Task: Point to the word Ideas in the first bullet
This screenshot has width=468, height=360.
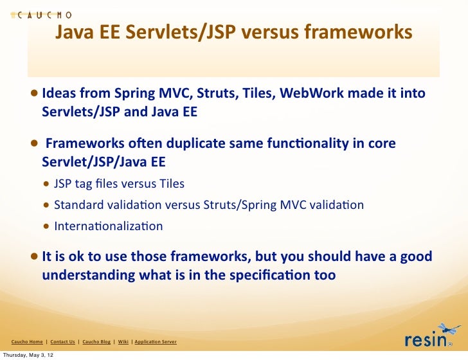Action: (59, 93)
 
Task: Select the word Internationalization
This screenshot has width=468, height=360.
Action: (109, 226)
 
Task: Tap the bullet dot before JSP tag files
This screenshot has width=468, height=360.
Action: (47, 184)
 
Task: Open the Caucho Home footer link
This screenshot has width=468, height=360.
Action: (27, 341)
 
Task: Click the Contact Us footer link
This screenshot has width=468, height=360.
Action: (62, 341)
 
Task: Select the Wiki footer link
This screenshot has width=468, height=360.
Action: (123, 341)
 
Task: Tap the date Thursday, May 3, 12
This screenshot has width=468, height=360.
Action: (27, 355)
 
